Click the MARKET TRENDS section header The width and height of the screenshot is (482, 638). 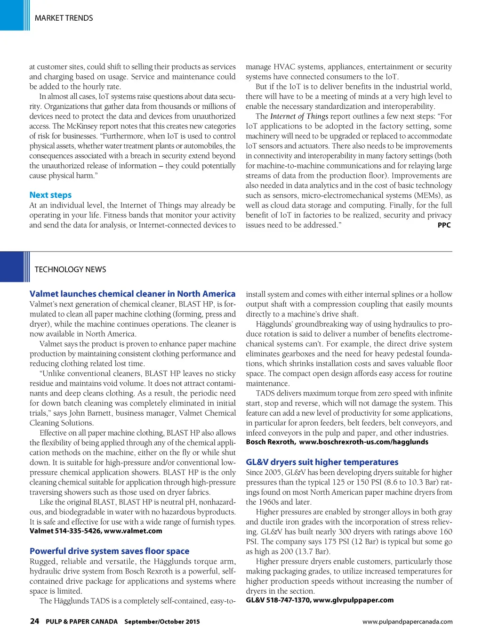(x=64, y=18)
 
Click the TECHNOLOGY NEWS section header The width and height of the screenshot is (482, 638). (x=70, y=269)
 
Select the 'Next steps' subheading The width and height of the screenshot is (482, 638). (x=50, y=195)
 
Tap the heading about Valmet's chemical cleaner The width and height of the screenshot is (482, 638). (x=132, y=294)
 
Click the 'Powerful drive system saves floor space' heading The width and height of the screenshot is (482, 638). (x=109, y=551)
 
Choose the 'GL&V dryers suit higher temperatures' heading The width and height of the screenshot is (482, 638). (x=322, y=462)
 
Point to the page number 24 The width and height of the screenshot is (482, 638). (x=34, y=621)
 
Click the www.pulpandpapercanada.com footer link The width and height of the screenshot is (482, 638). (x=407, y=622)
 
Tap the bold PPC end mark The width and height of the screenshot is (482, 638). (x=444, y=225)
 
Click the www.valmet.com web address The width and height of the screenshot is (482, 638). (x=133, y=531)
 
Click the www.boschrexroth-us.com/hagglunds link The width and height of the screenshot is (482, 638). (x=363, y=442)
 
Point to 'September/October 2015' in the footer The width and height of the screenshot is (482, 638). (x=162, y=622)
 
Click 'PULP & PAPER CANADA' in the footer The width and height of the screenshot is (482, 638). (x=81, y=622)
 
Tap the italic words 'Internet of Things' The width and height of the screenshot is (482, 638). (x=299, y=116)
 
